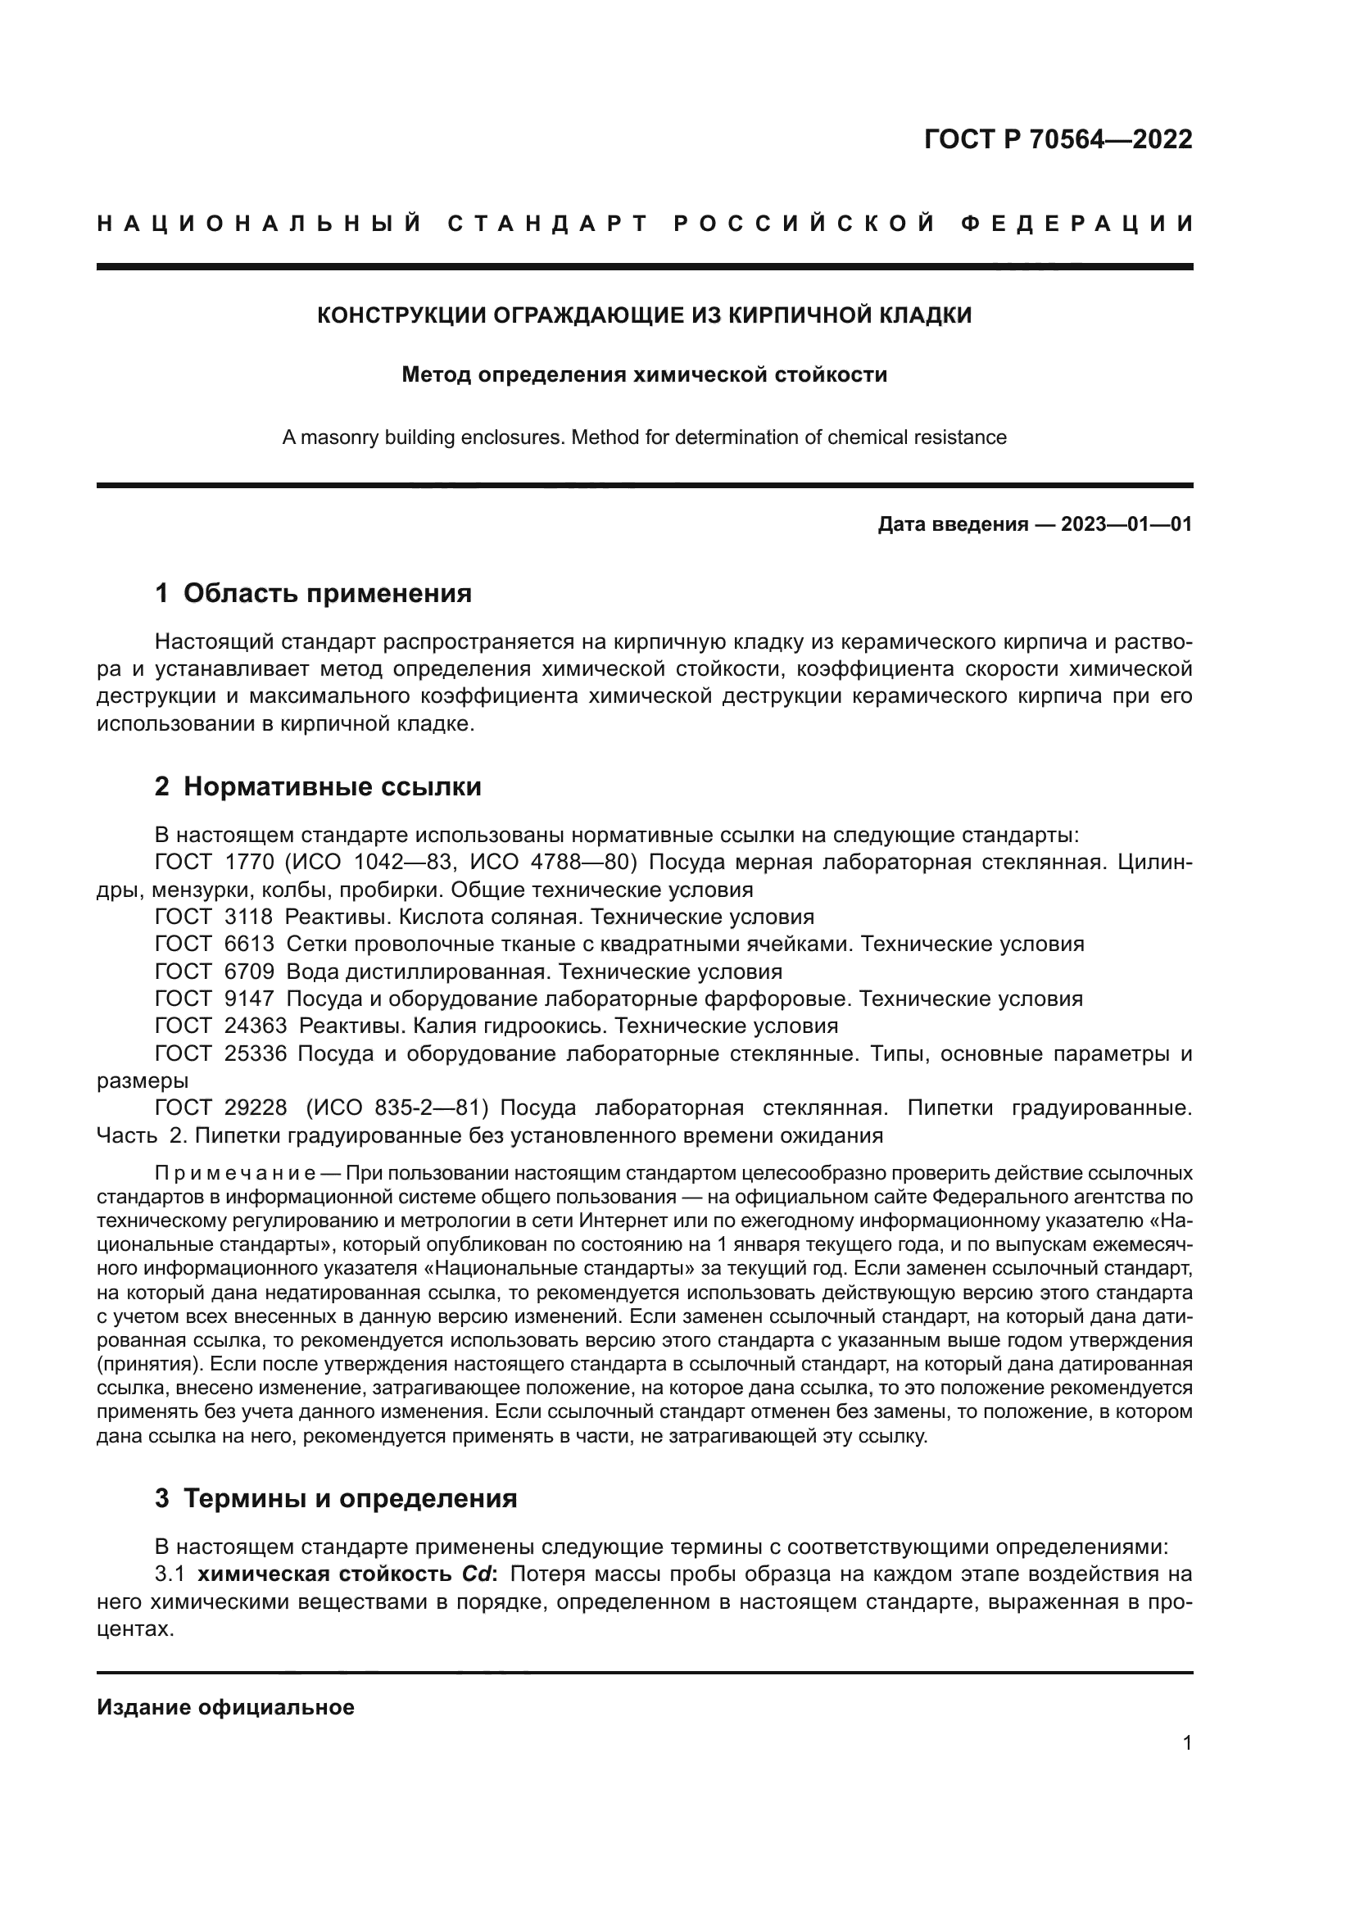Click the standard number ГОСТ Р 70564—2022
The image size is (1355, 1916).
pos(1057,139)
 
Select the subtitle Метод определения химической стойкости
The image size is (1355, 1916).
pos(644,374)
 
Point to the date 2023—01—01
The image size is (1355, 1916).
pos(1126,525)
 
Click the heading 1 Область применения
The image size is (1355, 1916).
pos(313,593)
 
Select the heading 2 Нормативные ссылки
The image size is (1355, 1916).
pos(318,787)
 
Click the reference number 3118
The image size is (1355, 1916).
pos(249,917)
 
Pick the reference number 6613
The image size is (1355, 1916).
pos(249,944)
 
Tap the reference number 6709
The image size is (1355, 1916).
pos(249,972)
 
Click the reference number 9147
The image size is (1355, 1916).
pos(249,999)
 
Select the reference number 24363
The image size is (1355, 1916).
pos(256,1026)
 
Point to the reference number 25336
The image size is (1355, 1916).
pos(256,1054)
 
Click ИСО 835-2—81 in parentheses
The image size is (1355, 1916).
pos(397,1108)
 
